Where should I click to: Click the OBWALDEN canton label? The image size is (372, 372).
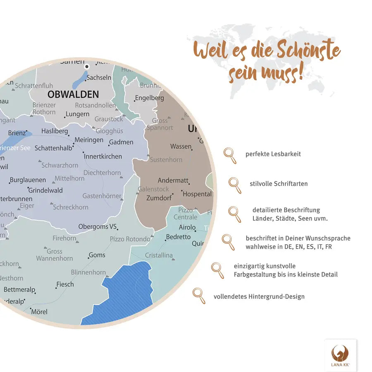click(x=73, y=94)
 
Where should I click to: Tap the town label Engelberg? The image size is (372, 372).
click(x=149, y=98)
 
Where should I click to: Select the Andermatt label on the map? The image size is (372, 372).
click(x=173, y=181)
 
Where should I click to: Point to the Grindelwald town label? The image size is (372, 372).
click(x=45, y=190)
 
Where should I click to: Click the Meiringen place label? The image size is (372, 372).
click(x=89, y=140)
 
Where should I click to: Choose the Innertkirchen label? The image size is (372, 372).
click(x=103, y=156)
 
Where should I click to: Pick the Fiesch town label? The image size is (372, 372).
click(x=65, y=284)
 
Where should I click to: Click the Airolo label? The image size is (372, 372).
click(x=187, y=227)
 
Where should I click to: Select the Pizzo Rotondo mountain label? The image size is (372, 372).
click(x=130, y=239)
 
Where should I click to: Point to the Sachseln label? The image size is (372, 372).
click(x=99, y=77)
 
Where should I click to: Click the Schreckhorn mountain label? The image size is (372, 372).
click(x=70, y=207)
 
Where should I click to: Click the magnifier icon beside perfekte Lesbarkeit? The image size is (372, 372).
click(x=230, y=155)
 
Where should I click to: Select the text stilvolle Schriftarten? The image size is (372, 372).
click(x=278, y=184)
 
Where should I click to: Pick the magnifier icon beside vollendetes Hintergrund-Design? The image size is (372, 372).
click(x=199, y=296)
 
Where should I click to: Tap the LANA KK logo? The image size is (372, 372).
click(x=340, y=355)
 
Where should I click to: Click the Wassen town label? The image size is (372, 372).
click(x=181, y=146)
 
